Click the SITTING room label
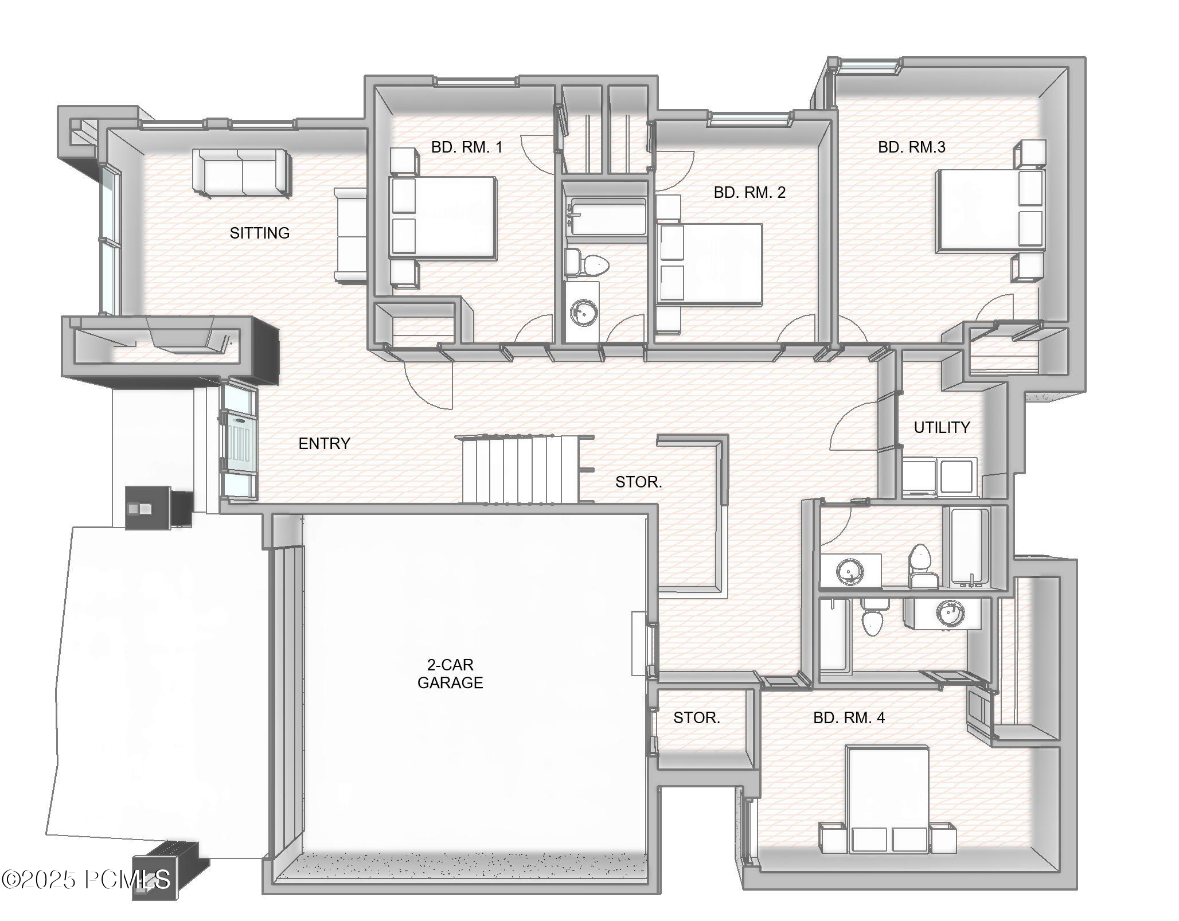[259, 233]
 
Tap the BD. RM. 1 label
[466, 147]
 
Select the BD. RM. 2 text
[749, 193]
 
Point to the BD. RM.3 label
[911, 147]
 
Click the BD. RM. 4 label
[849, 717]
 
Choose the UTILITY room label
[942, 427]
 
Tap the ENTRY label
[324, 443]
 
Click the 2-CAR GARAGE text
[450, 674]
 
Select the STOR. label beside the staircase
[638, 482]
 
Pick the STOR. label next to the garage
[696, 717]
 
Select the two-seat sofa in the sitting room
[241, 172]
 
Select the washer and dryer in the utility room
[939, 477]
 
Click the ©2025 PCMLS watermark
[86, 879]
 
